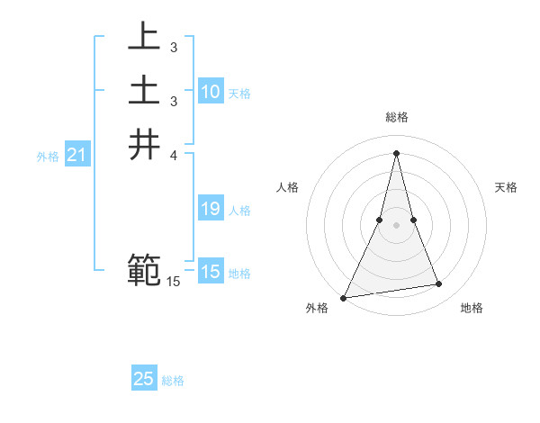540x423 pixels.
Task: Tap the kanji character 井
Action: pyautogui.click(x=145, y=144)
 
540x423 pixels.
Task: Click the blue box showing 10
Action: pyautogui.click(x=210, y=92)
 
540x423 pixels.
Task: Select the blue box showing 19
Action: pyautogui.click(x=210, y=210)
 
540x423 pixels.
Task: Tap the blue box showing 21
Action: pyautogui.click(x=77, y=156)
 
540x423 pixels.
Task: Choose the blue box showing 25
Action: pyautogui.click(x=144, y=379)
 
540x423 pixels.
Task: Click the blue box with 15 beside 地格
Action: pyautogui.click(x=210, y=272)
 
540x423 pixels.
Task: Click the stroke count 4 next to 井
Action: pyautogui.click(x=174, y=156)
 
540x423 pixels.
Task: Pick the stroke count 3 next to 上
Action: pyautogui.click(x=173, y=47)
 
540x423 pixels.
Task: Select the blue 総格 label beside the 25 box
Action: pyautogui.click(x=173, y=381)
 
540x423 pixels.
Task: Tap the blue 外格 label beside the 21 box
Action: pyautogui.click(x=48, y=157)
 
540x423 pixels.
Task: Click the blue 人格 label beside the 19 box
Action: pyautogui.click(x=239, y=211)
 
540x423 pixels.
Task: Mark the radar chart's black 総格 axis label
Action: pyautogui.click(x=397, y=117)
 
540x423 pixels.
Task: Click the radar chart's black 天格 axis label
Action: pyautogui.click(x=506, y=187)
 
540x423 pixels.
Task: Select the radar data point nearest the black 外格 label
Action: pyautogui.click(x=344, y=297)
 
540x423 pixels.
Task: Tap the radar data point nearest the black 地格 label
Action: pyautogui.click(x=439, y=284)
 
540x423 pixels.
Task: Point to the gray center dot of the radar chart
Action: pyautogui.click(x=397, y=225)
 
